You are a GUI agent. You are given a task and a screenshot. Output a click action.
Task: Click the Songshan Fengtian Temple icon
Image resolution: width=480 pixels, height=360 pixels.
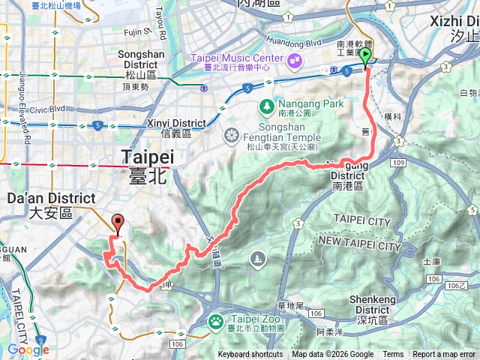(231, 135)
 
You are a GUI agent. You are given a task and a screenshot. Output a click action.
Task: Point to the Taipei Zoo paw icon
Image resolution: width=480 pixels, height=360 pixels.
(217, 320)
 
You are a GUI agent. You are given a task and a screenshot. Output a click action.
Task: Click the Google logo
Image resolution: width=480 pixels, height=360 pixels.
(28, 349)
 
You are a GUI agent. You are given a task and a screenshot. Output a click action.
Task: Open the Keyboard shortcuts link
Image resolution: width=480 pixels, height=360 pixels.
(250, 355)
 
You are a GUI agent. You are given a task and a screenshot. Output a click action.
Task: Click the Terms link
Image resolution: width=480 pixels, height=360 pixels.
(393, 355)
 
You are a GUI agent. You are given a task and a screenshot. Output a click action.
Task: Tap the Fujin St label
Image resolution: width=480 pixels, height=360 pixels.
(137, 32)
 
